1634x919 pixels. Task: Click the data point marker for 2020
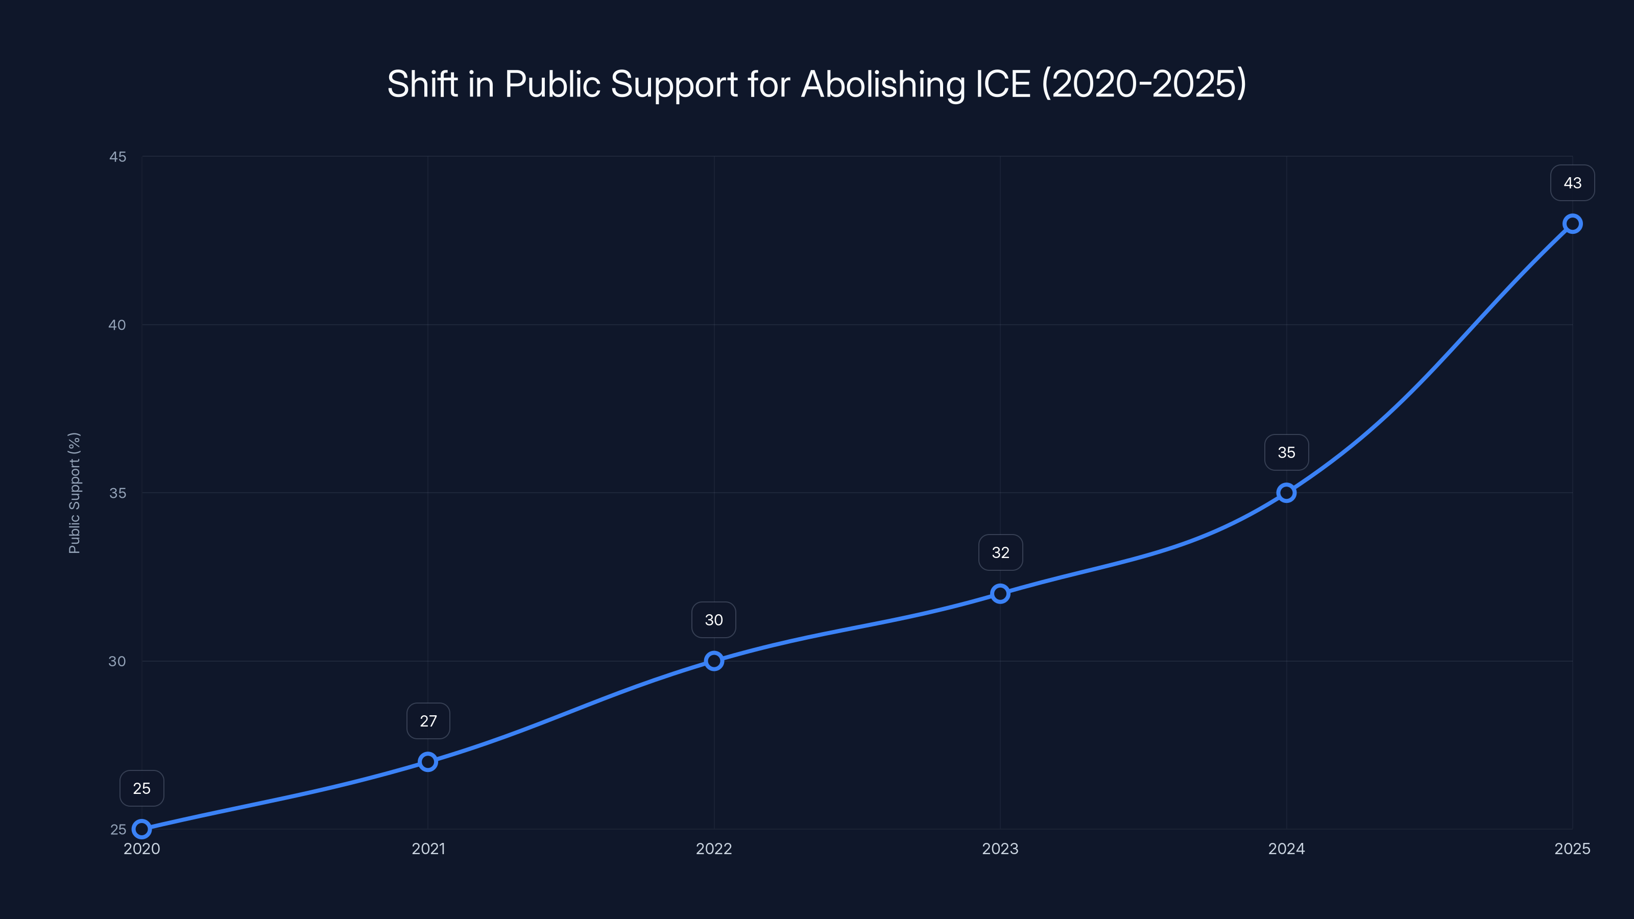coord(141,829)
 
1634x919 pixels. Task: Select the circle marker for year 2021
coord(428,762)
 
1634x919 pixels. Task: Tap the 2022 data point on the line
coord(714,661)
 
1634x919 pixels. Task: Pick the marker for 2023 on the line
coord(1000,594)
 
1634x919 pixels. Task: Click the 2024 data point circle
coord(1286,493)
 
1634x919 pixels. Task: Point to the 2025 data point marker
coord(1573,224)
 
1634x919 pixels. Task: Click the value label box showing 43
coord(1573,183)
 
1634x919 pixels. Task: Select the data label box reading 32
coord(1000,552)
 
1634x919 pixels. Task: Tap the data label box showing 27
coord(428,721)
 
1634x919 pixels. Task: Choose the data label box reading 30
coord(714,620)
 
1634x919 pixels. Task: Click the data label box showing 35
coord(1286,452)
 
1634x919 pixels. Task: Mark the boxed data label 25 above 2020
coord(141,788)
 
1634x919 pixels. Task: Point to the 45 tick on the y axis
coord(117,157)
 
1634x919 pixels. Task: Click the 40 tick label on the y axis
coord(117,325)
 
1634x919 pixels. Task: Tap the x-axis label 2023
coord(1000,849)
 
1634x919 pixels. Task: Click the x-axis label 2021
coord(428,849)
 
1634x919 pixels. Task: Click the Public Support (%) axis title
coord(74,493)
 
